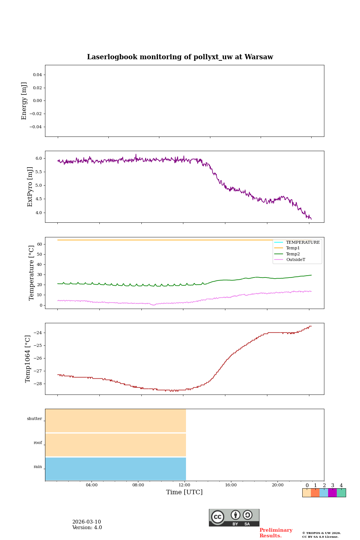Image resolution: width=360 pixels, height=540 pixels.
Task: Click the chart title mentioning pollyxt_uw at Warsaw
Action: [180, 57]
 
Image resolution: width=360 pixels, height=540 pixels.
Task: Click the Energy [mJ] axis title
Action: [24, 101]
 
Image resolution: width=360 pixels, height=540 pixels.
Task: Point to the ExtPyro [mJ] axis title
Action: [30, 187]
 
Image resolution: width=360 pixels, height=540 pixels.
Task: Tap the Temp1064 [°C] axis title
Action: [28, 359]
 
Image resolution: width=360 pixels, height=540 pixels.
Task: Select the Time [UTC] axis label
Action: [184, 492]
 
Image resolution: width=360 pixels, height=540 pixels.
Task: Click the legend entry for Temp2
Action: [293, 254]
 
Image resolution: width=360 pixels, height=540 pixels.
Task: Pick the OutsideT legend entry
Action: [295, 259]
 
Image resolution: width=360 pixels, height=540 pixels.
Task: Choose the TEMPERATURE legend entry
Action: [303, 242]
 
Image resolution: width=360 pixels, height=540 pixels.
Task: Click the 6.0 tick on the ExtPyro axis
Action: [39, 159]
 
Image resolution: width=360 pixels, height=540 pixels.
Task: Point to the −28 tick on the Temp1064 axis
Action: [38, 384]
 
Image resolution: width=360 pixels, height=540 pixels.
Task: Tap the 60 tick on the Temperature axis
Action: [39, 244]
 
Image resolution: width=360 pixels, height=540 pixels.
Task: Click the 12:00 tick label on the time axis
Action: [184, 485]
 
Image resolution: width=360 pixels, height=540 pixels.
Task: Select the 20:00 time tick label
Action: [277, 485]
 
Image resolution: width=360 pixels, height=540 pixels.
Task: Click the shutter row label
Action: [34, 418]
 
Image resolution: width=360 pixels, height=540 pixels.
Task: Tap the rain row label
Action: [38, 466]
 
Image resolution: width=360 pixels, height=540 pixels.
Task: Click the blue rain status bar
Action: [115, 469]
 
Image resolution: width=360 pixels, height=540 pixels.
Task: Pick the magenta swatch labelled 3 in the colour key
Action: [332, 493]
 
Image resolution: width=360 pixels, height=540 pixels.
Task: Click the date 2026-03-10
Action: [87, 522]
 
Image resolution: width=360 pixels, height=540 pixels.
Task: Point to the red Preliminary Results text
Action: [276, 533]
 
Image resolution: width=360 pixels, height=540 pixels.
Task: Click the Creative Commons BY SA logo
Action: [234, 517]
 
